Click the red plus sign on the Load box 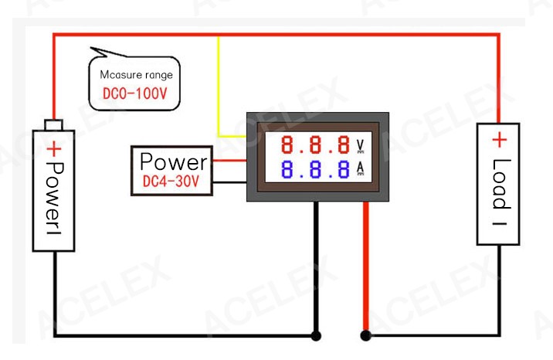click(x=500, y=140)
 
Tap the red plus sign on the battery click(x=54, y=149)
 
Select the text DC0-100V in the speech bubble click(x=134, y=93)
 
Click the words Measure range click(x=137, y=75)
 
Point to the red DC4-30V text click(x=171, y=182)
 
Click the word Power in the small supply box click(x=174, y=161)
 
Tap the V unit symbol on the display click(x=360, y=145)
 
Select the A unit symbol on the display click(x=360, y=168)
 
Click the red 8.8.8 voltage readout click(x=315, y=144)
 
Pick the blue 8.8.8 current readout click(x=315, y=169)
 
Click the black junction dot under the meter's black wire click(x=316, y=335)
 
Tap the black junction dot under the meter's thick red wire click(x=366, y=335)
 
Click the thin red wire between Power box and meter click(x=229, y=161)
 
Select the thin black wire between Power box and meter click(x=229, y=182)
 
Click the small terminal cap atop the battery click(x=54, y=125)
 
